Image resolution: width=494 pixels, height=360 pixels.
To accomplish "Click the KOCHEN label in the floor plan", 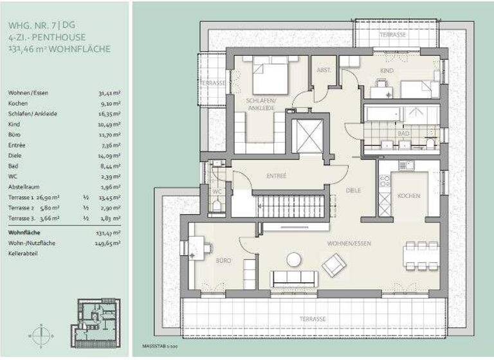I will (x=408, y=195).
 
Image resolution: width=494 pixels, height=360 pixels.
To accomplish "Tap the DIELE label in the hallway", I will (x=352, y=190).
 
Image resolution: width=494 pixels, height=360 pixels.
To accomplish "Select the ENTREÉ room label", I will (x=277, y=175).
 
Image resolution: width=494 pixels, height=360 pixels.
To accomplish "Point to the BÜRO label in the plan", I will (x=223, y=261).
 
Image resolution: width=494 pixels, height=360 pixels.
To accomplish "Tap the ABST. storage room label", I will (x=324, y=69).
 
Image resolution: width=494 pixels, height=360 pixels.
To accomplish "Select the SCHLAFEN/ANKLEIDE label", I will (x=261, y=105).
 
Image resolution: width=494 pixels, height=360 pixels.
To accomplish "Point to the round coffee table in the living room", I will (x=294, y=259).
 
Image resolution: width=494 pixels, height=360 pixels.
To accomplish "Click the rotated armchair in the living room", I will (x=334, y=264).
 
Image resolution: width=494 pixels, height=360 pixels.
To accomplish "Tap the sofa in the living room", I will (x=295, y=279).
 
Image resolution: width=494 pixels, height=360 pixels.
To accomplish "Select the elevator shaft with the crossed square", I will (x=307, y=136).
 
